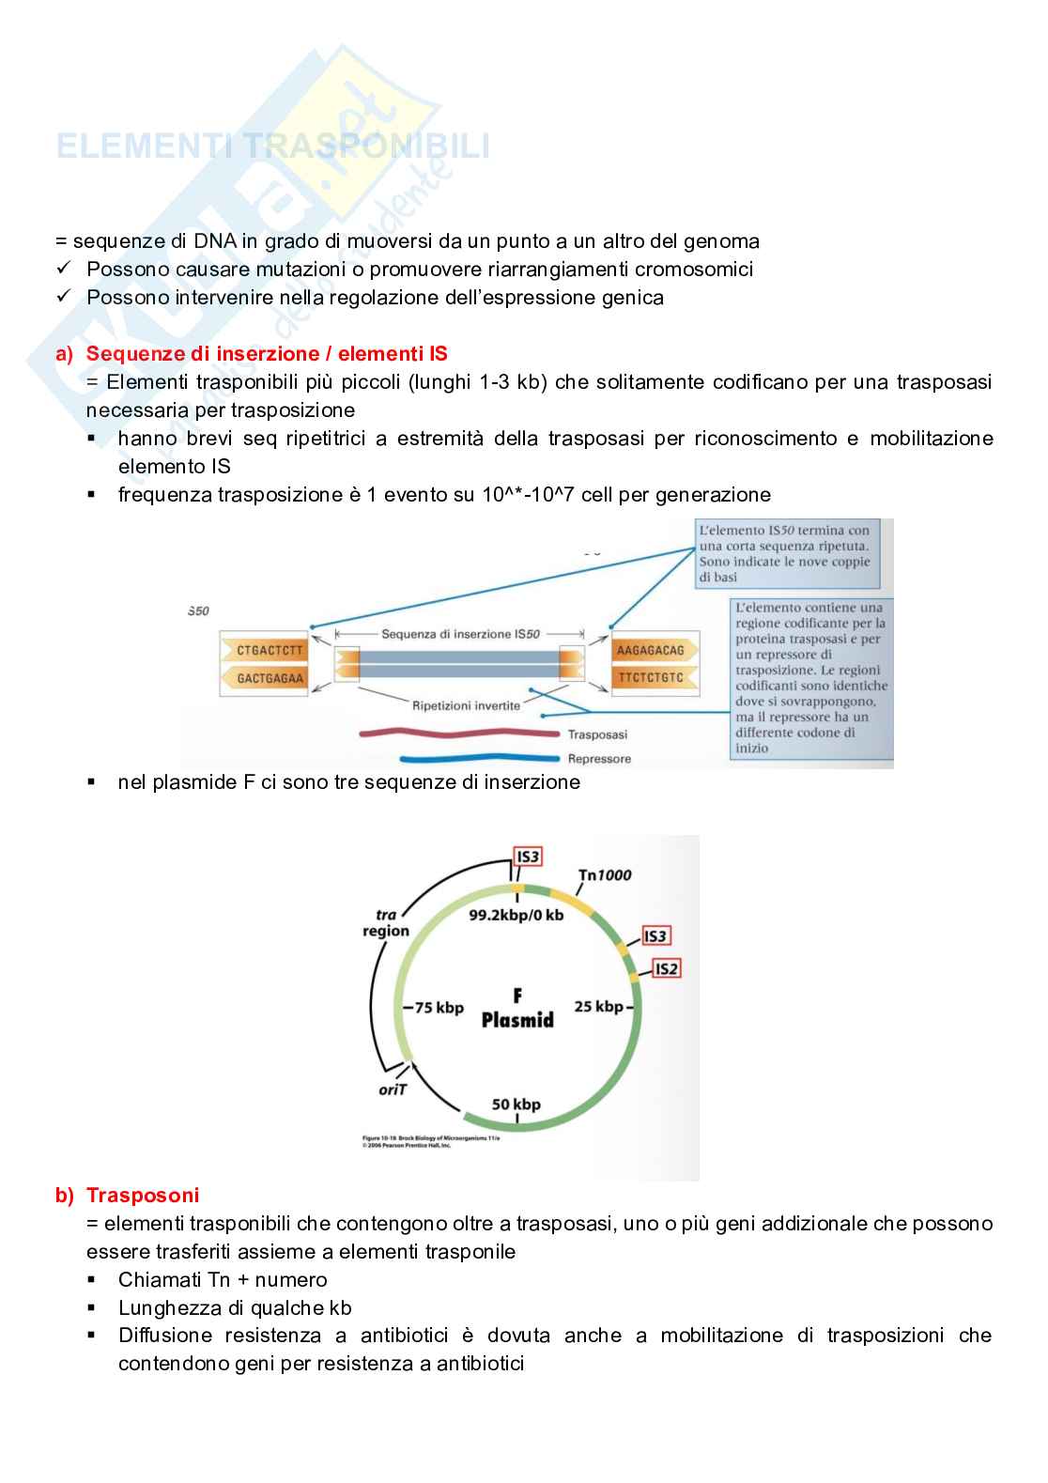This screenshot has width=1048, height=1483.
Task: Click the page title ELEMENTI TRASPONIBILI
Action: (x=273, y=147)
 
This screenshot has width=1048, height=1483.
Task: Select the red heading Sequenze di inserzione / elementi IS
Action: (x=267, y=354)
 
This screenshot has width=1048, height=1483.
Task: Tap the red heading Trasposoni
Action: (x=143, y=1195)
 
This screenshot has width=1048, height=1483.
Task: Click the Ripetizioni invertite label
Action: (x=466, y=705)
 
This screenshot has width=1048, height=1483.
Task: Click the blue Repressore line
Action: (x=479, y=758)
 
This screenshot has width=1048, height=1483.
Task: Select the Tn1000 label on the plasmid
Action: (x=605, y=875)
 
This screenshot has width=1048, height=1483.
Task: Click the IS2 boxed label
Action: (x=666, y=968)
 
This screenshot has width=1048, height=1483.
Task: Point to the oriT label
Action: (x=392, y=1089)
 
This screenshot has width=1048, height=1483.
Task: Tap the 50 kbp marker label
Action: (x=516, y=1105)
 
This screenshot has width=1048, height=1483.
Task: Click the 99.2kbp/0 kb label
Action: (x=516, y=915)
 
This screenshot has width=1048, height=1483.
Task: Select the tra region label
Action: (x=386, y=923)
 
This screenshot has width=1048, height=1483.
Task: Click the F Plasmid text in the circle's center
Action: (x=517, y=1009)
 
